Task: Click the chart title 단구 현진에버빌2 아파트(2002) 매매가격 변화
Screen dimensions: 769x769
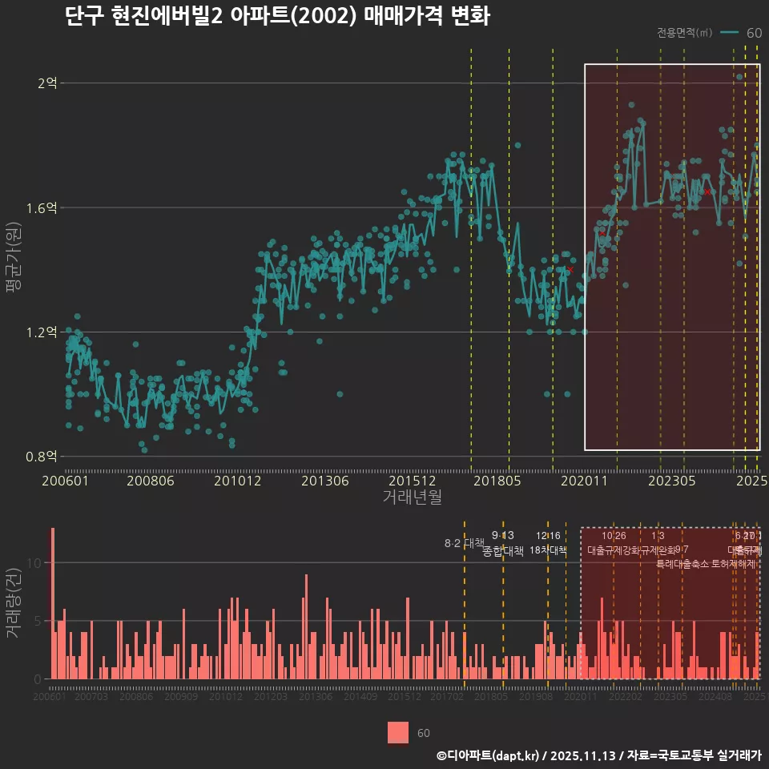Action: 277,16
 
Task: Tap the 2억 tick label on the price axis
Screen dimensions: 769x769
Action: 47,83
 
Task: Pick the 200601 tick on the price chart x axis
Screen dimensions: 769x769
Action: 65,481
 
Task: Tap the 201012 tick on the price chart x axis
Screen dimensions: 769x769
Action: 237,481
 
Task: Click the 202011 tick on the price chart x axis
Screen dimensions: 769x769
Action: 584,481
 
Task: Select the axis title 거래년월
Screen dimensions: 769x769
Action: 412,497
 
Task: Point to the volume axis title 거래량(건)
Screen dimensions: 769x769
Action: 14,604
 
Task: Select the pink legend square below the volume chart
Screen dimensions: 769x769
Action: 398,732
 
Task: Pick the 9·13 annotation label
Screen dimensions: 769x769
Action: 503,535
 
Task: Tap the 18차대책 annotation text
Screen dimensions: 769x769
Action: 549,550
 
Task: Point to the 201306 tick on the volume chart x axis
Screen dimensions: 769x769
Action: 316,697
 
